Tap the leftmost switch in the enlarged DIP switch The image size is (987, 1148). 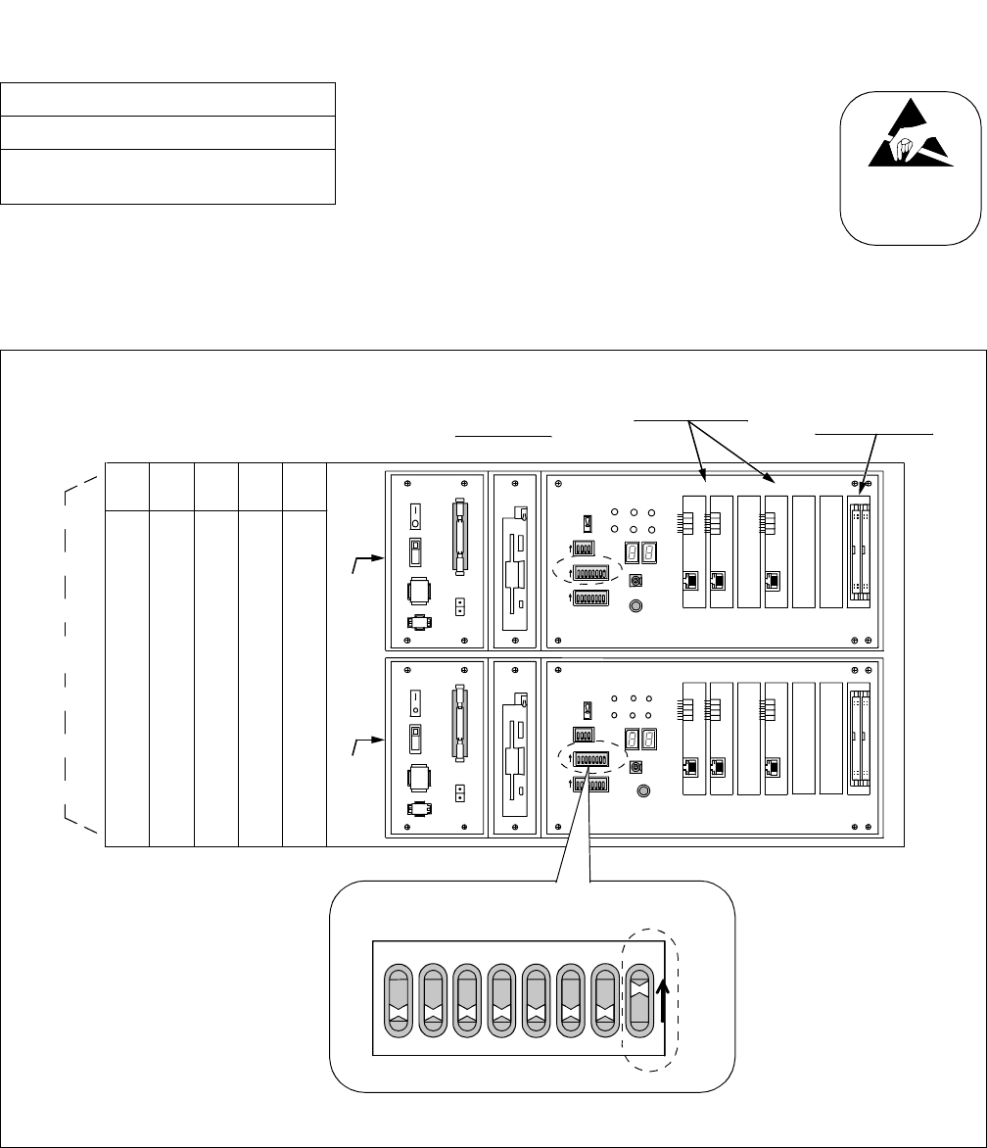[398, 996]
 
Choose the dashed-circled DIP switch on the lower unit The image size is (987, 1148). [591, 759]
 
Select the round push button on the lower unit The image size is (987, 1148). [643, 790]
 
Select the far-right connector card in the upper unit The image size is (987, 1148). [859, 560]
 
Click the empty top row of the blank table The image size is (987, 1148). [167, 100]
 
